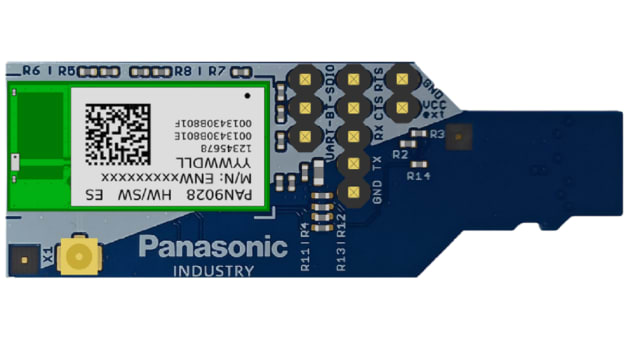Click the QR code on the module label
coord(114,129)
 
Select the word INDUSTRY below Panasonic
coord(213,271)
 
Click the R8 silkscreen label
coord(183,72)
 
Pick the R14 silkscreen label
coord(419,175)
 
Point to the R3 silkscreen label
coord(436,132)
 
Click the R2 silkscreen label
coord(400,155)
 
